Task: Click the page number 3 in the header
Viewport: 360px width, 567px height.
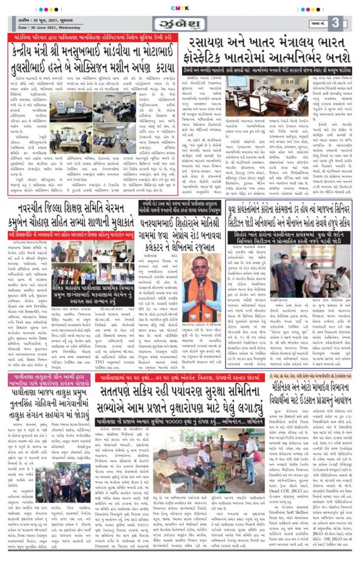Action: coord(336,23)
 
